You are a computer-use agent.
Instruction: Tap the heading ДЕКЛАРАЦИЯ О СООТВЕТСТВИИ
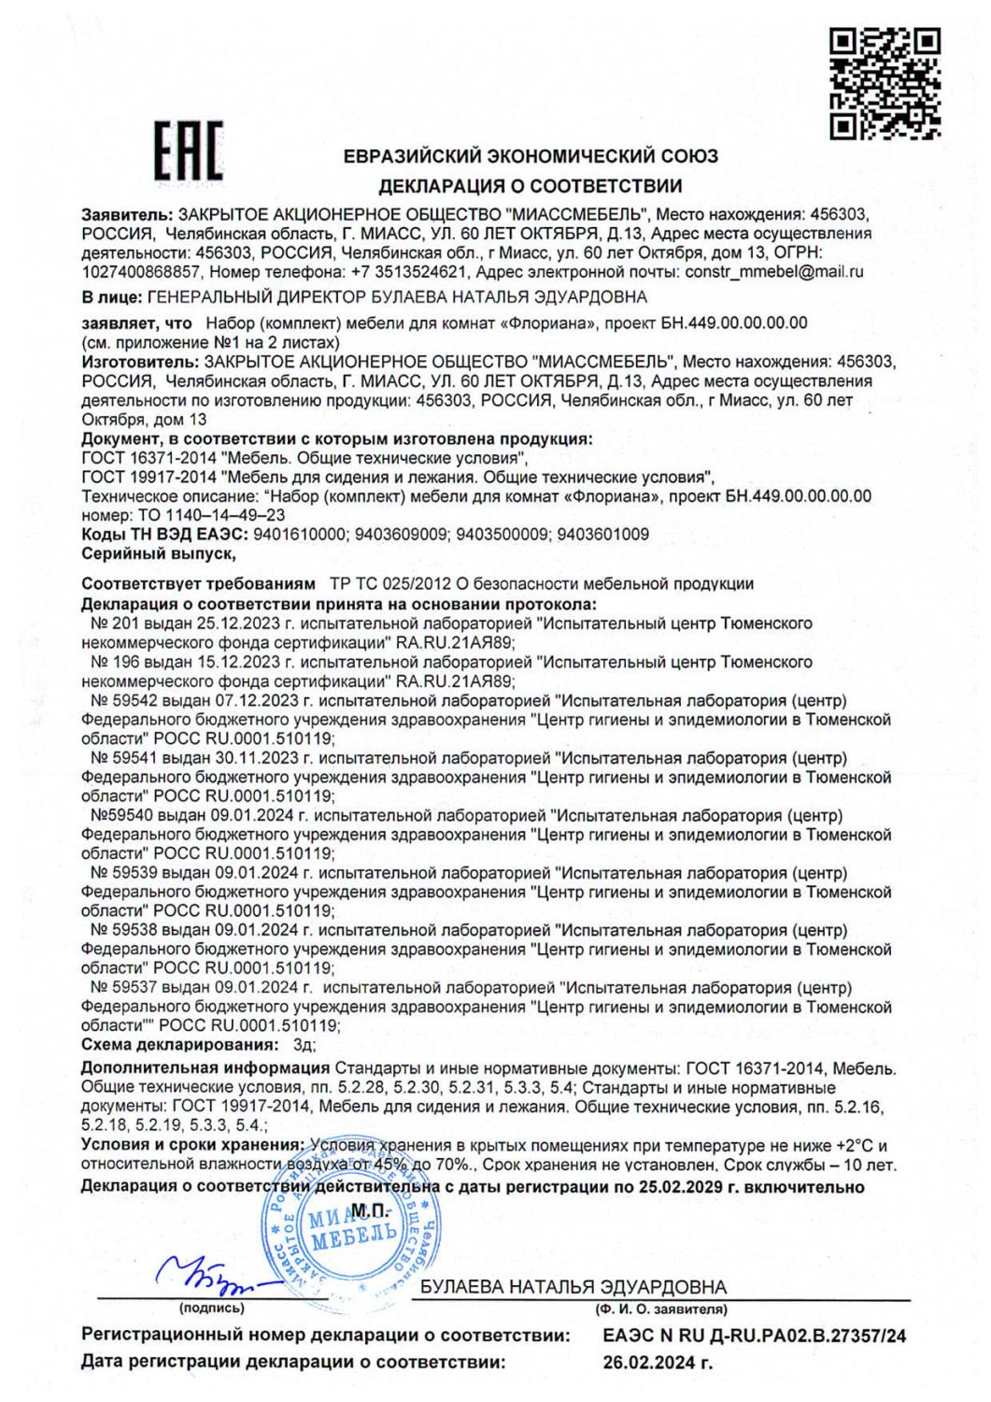click(x=530, y=185)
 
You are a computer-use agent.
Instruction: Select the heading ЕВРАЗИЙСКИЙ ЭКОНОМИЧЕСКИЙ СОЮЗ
click(x=531, y=156)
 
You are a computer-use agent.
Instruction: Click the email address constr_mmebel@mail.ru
click(x=774, y=273)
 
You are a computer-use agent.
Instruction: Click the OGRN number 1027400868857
click(x=141, y=273)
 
